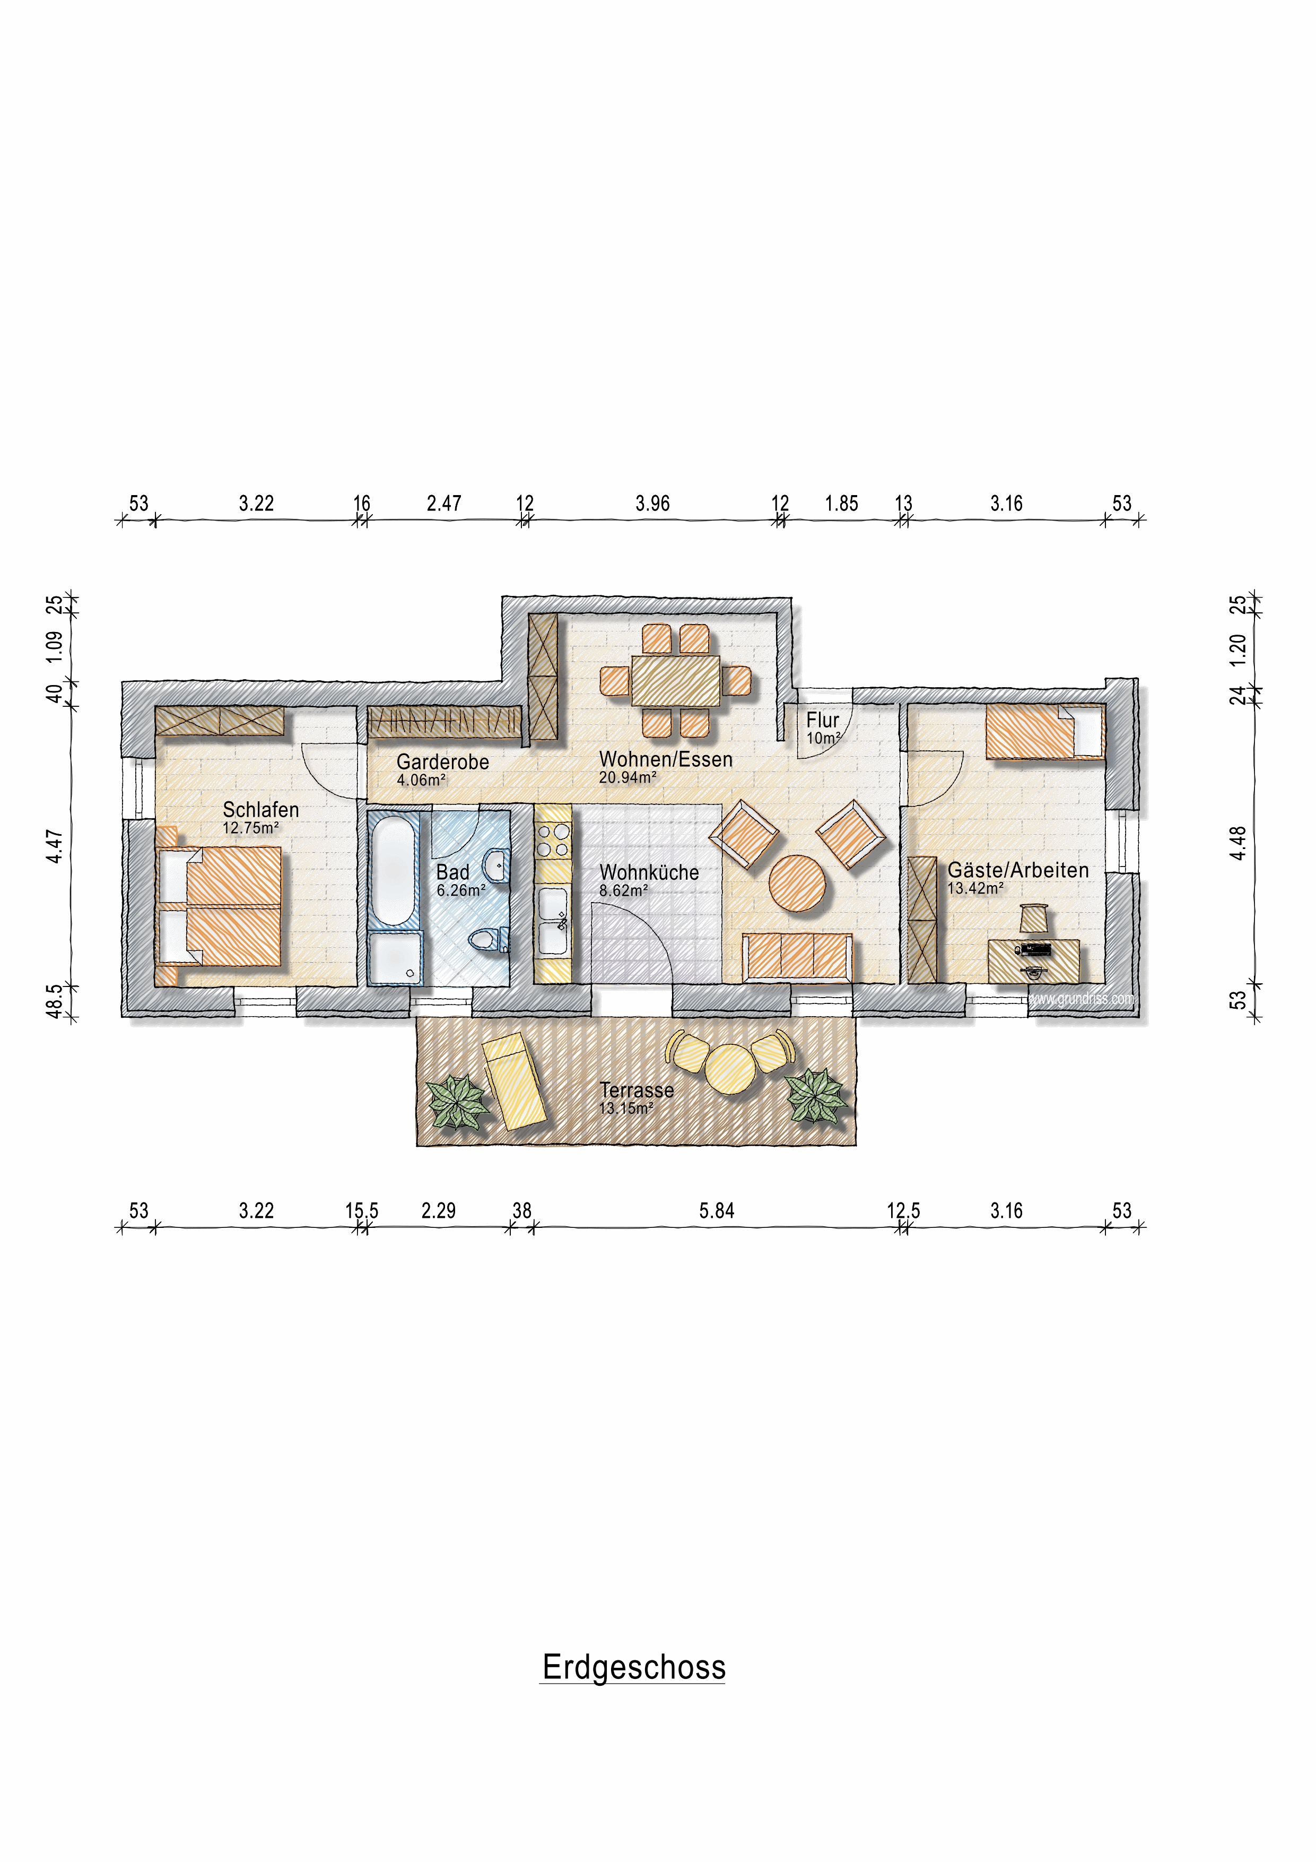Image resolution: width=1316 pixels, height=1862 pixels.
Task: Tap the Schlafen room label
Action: [261, 809]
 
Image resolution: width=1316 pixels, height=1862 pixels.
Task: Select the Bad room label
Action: [452, 872]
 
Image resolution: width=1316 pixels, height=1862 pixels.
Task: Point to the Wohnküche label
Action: [649, 872]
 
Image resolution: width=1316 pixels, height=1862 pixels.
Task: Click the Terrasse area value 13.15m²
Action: [626, 1108]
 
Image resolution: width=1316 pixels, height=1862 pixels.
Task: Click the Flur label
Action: [822, 720]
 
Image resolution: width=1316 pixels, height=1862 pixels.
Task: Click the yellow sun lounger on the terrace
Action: [513, 1081]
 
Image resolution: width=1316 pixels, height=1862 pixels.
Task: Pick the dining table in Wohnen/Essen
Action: [675, 680]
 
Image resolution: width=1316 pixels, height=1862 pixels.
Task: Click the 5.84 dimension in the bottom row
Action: [717, 1211]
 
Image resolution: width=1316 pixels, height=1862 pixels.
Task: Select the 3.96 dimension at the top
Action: [653, 504]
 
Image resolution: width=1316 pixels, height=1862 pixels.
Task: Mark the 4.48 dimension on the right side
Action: [1237, 843]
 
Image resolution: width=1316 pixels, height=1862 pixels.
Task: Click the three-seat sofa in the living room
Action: [798, 957]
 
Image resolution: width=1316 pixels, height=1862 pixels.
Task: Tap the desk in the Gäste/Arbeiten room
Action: [1034, 961]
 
